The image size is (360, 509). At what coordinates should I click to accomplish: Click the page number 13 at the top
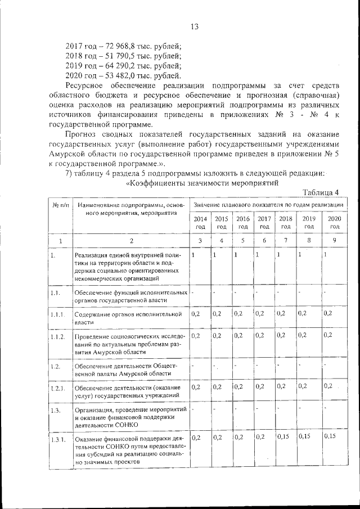tap(195, 26)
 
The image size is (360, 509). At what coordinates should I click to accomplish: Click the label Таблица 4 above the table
tap(321, 193)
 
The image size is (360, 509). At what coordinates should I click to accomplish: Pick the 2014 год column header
tap(200, 223)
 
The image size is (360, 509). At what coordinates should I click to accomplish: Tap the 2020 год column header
tap(334, 223)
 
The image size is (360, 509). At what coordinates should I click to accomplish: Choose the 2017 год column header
tap(264, 223)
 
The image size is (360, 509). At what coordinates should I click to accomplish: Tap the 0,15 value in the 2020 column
tap(330, 436)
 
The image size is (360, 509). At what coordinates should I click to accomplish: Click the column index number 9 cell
tap(334, 241)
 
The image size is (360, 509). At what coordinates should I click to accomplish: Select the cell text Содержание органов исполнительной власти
tap(128, 318)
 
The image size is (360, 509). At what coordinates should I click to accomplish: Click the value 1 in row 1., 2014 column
tap(193, 255)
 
